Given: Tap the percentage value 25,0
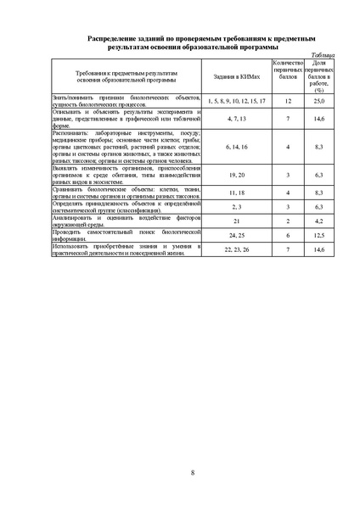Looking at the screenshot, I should pos(318,101).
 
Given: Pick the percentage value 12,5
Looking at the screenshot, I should pos(318,234).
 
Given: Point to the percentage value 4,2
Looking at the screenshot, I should pos(318,220).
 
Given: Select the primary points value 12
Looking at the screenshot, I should pos(289,101).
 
